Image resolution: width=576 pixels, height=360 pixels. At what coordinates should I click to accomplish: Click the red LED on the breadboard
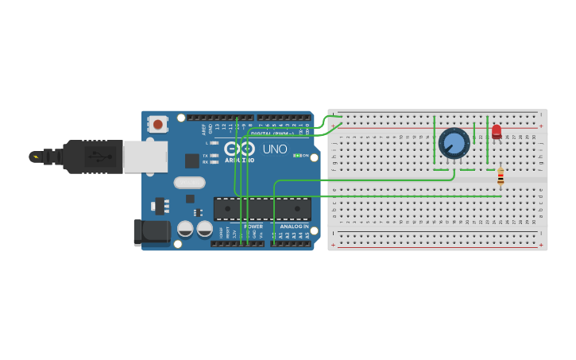[x=497, y=131]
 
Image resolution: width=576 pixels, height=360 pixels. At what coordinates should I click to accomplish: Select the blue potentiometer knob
[x=454, y=144]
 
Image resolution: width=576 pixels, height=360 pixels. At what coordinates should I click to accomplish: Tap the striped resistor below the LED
[x=501, y=178]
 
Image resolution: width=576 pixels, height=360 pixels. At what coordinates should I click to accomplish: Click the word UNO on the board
[x=275, y=149]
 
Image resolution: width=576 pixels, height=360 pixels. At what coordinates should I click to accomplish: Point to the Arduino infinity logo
[x=239, y=149]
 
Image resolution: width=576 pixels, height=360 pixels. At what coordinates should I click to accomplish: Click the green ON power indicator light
[x=298, y=156]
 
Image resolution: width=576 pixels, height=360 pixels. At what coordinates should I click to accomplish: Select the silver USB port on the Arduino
[x=145, y=157]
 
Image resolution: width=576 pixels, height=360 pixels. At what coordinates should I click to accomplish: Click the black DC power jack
[x=152, y=232]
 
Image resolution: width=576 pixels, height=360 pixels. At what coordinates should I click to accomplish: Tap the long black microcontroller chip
[x=262, y=209]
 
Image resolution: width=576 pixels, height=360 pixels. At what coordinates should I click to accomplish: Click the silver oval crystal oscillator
[x=190, y=182]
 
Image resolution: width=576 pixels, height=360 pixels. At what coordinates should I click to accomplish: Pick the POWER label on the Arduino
[x=253, y=226]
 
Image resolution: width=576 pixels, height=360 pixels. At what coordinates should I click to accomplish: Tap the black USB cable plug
[x=92, y=157]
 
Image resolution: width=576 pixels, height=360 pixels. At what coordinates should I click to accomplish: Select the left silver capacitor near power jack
[x=185, y=229]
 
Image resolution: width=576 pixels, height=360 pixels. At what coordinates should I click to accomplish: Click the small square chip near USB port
[x=192, y=161]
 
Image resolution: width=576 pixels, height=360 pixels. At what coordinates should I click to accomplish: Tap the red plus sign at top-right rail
[x=541, y=126]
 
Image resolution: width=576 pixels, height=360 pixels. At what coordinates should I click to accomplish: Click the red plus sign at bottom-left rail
[x=333, y=246]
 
